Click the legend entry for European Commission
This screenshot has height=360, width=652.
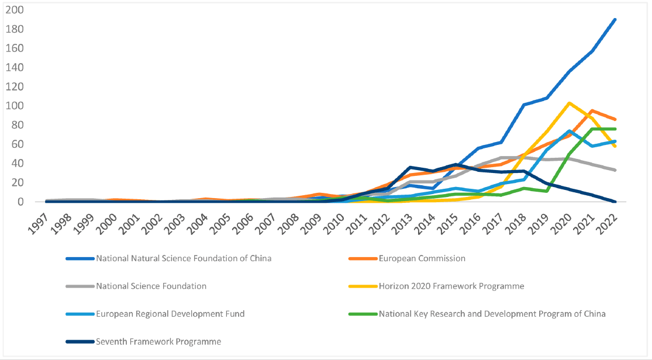pyautogui.click(x=422, y=258)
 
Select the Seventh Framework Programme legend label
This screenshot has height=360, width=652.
pyautogui.click(x=158, y=342)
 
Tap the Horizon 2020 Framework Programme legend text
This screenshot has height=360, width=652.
pyautogui.click(x=451, y=286)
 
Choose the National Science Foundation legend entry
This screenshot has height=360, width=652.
pyautogui.click(x=151, y=286)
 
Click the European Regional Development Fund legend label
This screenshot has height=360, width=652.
pyautogui.click(x=170, y=314)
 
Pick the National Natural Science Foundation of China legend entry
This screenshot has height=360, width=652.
pyautogui.click(x=184, y=258)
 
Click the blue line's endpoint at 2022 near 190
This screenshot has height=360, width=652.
pyautogui.click(x=615, y=19)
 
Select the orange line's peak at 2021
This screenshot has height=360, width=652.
pyautogui.click(x=592, y=110)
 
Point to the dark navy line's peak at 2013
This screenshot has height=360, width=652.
pyautogui.click(x=410, y=167)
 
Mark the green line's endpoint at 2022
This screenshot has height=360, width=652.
pyautogui.click(x=615, y=129)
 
